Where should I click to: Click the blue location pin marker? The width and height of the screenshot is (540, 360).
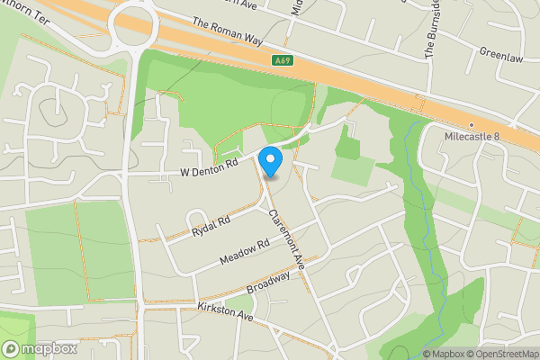point(271,162)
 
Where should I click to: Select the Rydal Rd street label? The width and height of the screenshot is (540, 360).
point(211,226)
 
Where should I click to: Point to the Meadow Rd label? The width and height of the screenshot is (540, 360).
point(245,252)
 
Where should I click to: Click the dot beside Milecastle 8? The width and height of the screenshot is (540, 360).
point(472,125)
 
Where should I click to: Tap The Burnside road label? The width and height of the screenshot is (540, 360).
point(434,31)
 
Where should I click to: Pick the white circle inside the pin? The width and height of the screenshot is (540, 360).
point(271,158)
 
